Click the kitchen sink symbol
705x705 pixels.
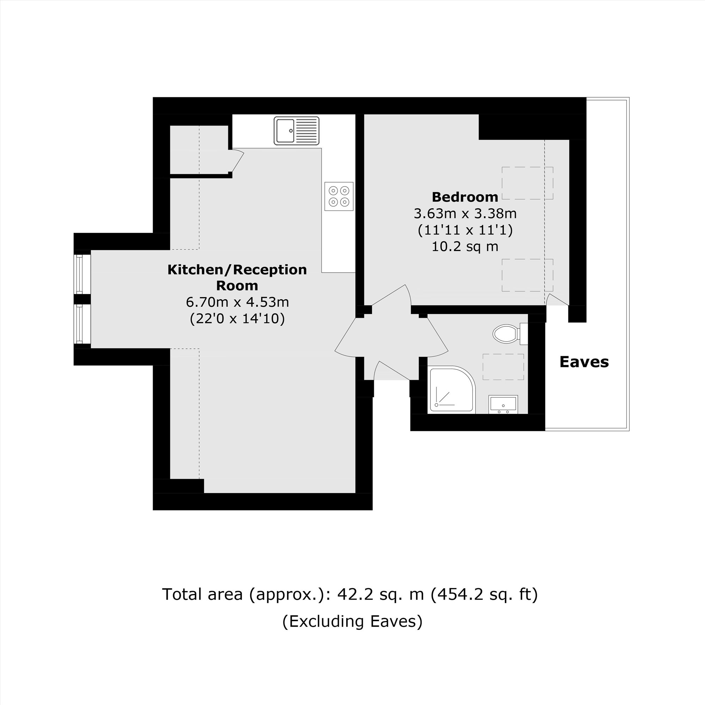click(296, 131)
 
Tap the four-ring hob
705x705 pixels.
click(339, 196)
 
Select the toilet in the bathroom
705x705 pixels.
click(507, 333)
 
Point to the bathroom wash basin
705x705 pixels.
click(503, 404)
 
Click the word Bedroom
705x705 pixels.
click(465, 197)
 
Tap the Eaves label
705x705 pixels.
click(584, 362)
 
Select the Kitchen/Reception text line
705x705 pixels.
click(237, 270)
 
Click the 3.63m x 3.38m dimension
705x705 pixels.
click(465, 214)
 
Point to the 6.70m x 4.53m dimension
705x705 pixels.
click(237, 302)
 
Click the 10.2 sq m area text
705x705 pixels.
click(465, 247)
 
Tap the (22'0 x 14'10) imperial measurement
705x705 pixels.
click(237, 319)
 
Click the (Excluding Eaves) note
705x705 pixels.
click(352, 621)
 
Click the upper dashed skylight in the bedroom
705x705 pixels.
click(527, 183)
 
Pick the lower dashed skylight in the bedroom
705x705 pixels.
click(527, 275)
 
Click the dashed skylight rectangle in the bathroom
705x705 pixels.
click(503, 367)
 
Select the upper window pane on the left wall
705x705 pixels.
click(79, 274)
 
